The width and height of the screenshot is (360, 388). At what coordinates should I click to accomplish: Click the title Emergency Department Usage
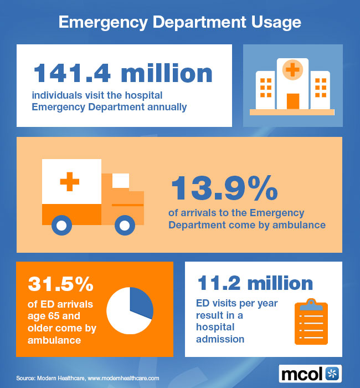point(180,22)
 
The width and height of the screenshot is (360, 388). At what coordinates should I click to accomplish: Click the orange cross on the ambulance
point(69,182)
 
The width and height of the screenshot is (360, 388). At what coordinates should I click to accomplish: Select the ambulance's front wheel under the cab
point(125,225)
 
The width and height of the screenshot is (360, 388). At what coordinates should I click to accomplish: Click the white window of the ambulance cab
point(121,181)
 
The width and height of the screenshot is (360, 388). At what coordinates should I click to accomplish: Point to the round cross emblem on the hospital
point(292,70)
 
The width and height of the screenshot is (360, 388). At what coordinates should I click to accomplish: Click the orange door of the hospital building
point(292,101)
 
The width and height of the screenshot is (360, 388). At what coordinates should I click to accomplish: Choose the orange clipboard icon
point(311,323)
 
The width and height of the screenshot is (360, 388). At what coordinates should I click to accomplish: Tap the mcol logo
point(310,372)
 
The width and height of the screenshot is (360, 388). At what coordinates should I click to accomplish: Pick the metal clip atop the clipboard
point(311,303)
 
